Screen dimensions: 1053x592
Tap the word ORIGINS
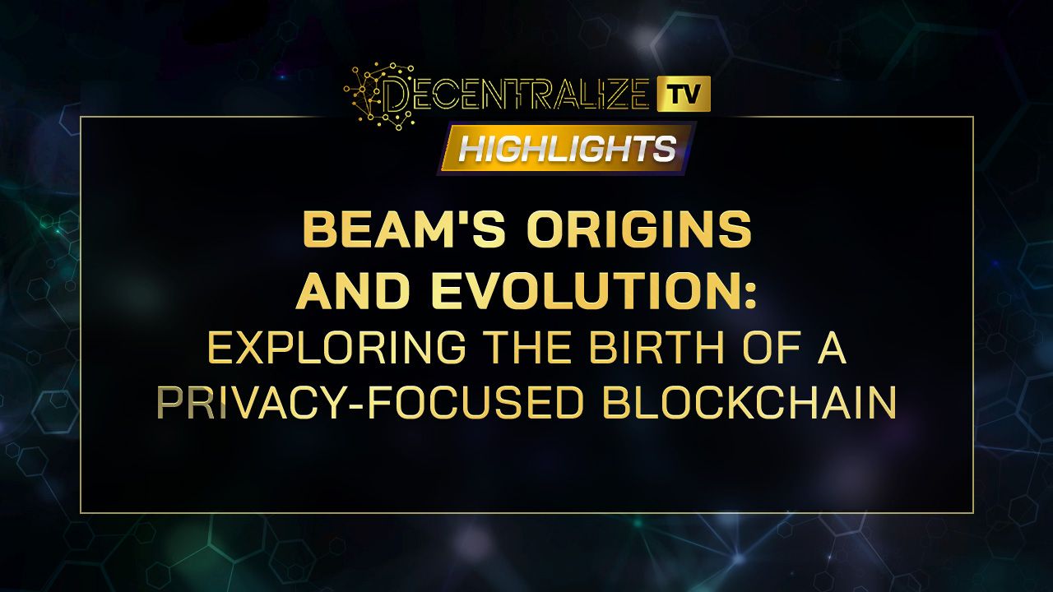click(639, 231)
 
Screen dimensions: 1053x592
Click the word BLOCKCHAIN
click(749, 403)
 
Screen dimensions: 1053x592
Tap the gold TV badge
click(684, 94)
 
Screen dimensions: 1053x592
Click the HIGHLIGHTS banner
click(567, 149)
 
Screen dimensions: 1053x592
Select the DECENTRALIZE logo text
click(517, 97)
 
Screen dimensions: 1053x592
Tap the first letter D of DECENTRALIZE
click(397, 97)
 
